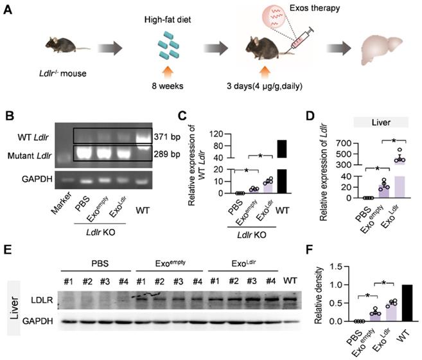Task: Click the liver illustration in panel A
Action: pos(383,51)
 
